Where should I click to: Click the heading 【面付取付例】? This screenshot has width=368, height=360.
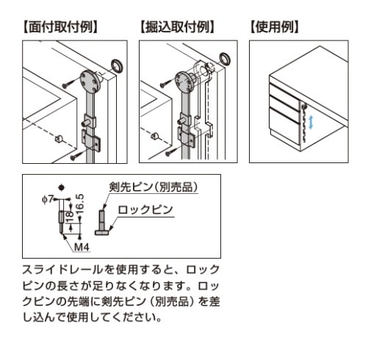(60, 27)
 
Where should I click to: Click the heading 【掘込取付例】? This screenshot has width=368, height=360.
(177, 27)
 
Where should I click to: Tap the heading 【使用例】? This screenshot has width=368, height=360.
(275, 27)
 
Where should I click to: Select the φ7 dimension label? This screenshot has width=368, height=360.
(48, 199)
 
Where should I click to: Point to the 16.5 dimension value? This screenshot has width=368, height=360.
(80, 204)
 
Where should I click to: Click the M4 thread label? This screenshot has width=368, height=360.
(82, 247)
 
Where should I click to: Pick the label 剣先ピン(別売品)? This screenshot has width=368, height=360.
(154, 187)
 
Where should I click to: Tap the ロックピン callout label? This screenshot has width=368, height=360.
(145, 210)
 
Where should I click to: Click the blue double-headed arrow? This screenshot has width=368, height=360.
(311, 123)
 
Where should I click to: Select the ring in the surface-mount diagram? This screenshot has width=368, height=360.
(118, 65)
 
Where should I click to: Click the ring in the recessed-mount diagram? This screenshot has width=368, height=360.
(224, 58)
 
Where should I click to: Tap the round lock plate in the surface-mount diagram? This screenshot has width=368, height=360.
(90, 81)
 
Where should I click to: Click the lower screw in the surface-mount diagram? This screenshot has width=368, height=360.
(79, 155)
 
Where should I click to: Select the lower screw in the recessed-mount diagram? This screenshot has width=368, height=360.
(173, 152)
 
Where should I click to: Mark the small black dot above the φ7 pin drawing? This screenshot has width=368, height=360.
(61, 187)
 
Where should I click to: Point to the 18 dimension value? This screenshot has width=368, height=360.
(70, 217)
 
